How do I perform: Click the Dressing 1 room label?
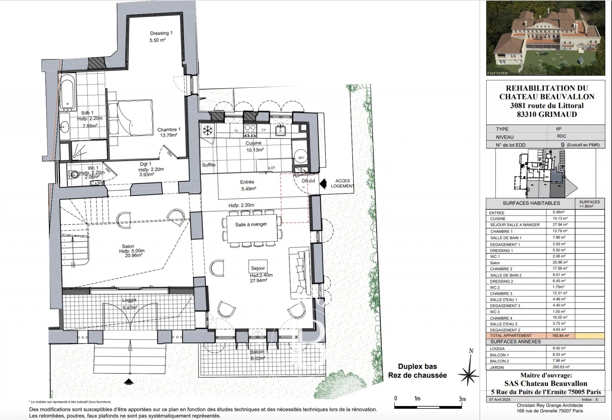(161, 33)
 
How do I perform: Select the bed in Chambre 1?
(130, 118)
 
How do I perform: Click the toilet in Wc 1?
(74, 174)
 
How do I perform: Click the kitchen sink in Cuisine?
(281, 130)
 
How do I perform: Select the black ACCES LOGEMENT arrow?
(323, 184)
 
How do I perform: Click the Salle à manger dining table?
(251, 228)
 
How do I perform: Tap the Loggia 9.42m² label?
(130, 304)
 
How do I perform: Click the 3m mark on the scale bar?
(462, 399)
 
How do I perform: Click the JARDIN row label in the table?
(497, 367)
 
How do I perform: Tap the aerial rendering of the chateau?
(545, 38)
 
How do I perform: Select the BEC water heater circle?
(301, 157)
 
